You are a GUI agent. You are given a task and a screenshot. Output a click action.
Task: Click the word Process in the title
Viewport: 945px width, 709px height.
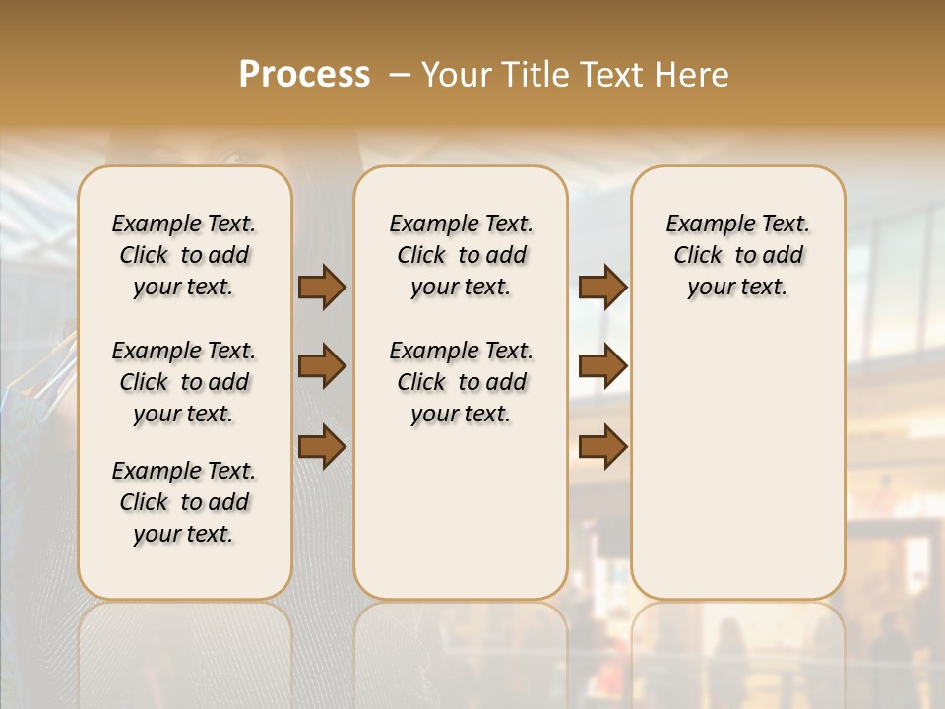tap(304, 74)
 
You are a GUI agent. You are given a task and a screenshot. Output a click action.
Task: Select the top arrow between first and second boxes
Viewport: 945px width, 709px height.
tap(322, 287)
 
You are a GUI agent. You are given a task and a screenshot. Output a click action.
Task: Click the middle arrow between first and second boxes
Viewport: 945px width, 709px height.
tap(322, 366)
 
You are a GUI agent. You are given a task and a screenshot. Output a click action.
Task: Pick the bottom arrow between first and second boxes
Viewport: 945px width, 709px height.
tap(322, 446)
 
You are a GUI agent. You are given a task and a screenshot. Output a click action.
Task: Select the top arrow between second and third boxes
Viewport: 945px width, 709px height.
tap(602, 287)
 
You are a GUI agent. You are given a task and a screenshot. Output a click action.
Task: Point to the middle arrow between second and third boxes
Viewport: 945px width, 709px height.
tap(602, 366)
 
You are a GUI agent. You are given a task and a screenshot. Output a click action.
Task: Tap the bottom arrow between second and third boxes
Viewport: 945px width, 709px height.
tap(602, 446)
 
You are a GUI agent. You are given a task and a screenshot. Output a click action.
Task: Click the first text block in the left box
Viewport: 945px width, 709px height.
tap(184, 255)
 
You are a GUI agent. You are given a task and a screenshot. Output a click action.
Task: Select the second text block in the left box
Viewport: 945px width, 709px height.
tap(184, 382)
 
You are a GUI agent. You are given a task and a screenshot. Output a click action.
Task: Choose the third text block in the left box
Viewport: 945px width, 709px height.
tap(184, 502)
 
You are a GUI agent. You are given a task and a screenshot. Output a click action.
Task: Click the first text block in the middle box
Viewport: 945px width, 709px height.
tap(461, 255)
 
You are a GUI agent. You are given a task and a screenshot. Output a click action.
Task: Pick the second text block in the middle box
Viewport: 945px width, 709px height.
tap(461, 382)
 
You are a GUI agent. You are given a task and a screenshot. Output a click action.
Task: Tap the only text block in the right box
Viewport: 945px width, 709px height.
tap(737, 255)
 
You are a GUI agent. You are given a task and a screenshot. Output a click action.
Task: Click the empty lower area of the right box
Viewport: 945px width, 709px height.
tap(737, 463)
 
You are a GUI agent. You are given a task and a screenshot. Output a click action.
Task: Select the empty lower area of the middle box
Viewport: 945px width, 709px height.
tap(461, 512)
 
